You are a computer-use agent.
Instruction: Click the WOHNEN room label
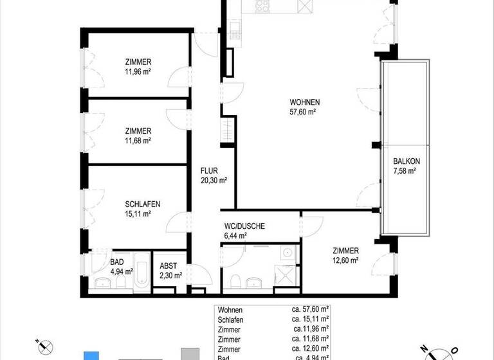tap(304, 102)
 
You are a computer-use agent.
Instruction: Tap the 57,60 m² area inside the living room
tap(304, 112)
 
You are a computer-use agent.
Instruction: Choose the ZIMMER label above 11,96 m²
tap(138, 62)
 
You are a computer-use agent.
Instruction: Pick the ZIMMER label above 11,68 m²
tap(138, 130)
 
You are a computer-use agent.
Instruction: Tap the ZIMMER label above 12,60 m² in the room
tap(345, 251)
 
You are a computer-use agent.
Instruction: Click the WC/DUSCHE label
tap(244, 226)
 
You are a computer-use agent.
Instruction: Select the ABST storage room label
tap(169, 265)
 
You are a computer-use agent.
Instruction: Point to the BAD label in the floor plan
tap(116, 262)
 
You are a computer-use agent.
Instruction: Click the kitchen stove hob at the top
tap(263, 8)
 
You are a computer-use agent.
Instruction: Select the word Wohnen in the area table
tap(230, 309)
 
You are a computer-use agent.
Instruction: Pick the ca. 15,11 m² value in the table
tap(310, 319)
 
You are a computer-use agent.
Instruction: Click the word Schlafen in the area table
tap(232, 319)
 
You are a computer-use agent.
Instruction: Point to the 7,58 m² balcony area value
tap(405, 171)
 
